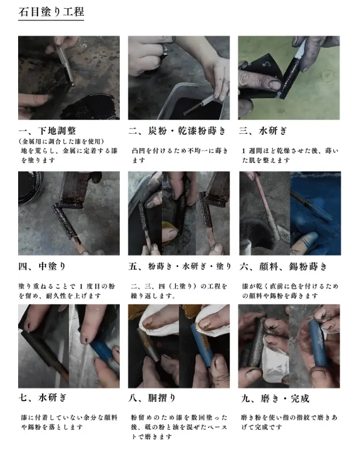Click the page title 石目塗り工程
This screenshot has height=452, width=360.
pos(51,12)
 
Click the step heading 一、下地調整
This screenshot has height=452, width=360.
pos(47,131)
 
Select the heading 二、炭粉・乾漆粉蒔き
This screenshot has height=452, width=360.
pos(177,131)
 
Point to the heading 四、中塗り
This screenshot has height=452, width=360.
pos(42,266)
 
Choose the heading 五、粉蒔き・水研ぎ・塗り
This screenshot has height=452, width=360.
pos(180,266)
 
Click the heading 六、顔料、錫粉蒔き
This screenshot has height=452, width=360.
pos(283,266)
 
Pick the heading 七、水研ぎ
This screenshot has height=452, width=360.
pos(43,398)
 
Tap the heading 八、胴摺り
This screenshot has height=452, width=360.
pos(152,398)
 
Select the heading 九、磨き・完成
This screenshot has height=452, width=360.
pos(275,398)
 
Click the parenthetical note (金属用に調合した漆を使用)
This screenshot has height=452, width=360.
pos(61,141)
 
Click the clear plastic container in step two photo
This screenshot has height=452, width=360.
pos(191,102)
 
